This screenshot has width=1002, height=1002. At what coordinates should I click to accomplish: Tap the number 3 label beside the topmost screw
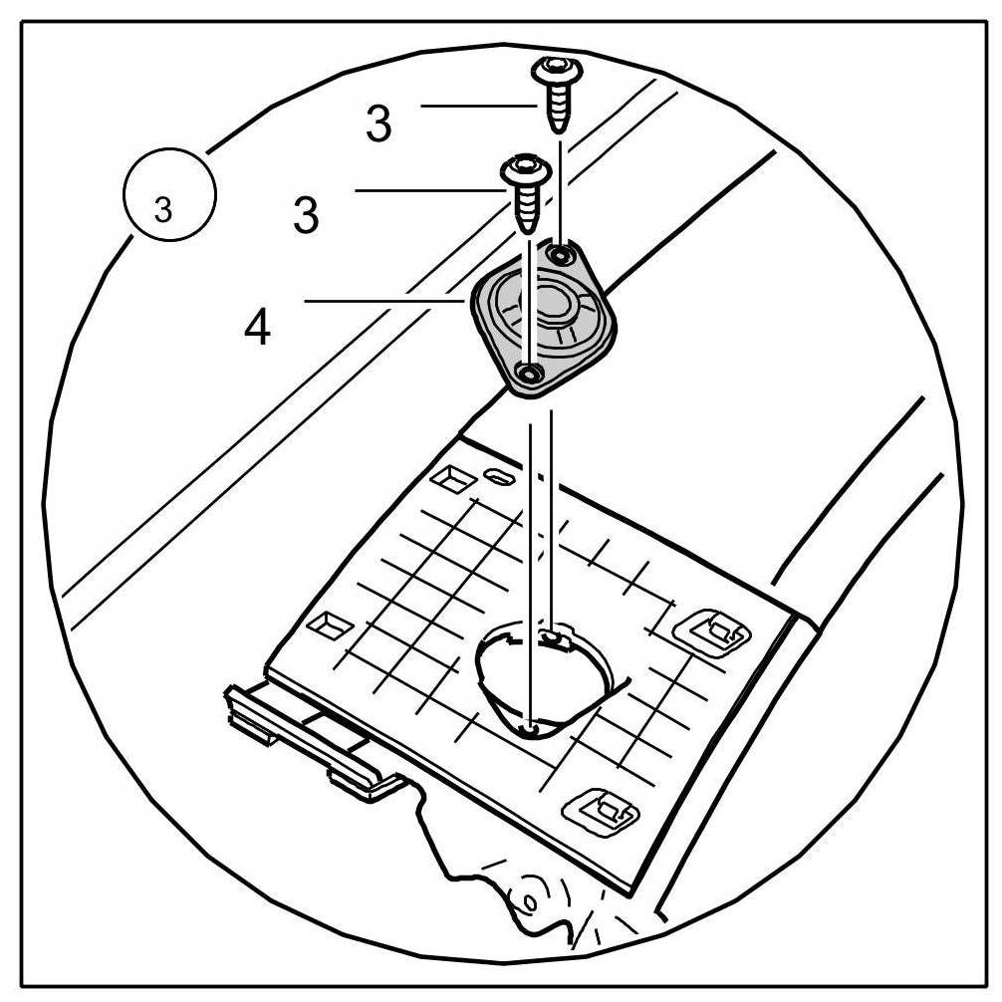(378, 123)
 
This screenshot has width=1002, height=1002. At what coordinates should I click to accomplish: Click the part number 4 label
(257, 328)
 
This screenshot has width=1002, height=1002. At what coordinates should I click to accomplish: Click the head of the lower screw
(520, 170)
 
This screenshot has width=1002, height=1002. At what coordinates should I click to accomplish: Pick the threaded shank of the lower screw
(525, 209)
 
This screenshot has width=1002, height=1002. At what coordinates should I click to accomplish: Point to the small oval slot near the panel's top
(495, 477)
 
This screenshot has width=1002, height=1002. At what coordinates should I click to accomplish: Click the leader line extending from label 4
(378, 299)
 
